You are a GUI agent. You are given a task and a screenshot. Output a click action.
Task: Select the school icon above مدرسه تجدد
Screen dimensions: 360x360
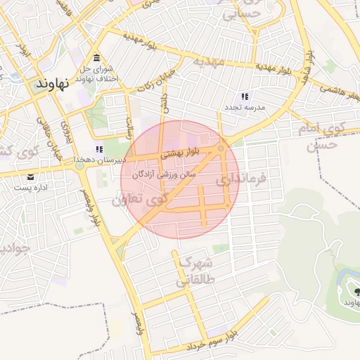click(245, 96)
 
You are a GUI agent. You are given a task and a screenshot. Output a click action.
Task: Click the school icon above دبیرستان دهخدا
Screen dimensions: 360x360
click(99, 149)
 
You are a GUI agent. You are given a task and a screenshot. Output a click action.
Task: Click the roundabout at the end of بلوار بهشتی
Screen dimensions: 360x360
click(221, 148)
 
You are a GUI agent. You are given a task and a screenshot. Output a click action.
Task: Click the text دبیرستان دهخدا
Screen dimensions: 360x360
click(99, 160)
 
